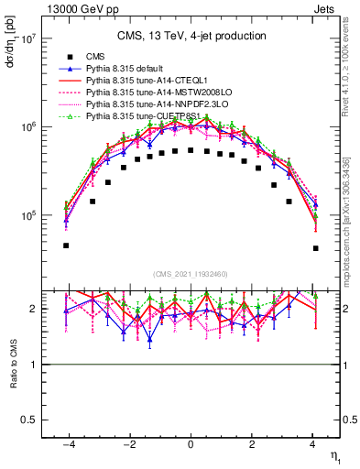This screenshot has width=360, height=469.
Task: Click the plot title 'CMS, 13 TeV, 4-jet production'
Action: pos(191,36)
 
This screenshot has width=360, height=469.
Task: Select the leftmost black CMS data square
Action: pos(66,245)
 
